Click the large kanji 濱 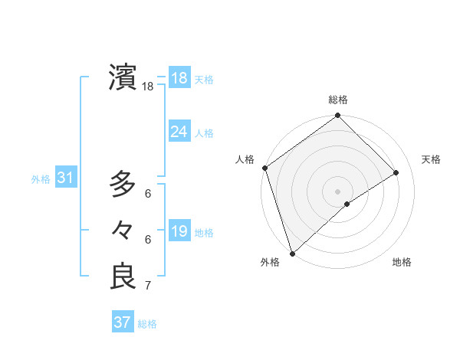pos(123,77)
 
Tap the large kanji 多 pos(123,184)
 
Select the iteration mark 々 pos(123,229)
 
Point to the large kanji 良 pos(123,277)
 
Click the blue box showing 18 pos(179,78)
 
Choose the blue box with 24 pos(179,132)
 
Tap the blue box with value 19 pos(179,231)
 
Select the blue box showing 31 pos(65,178)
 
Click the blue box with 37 pos(122,322)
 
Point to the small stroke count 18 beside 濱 pos(148,87)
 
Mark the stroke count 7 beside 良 pos(148,286)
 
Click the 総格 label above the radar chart pos(338,100)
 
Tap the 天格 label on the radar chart pos(431,159)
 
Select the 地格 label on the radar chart pos(402,262)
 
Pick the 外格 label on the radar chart pos(270,262)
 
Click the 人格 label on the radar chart pos(245,159)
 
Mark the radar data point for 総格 pos(338,116)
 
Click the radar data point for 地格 pos(347,204)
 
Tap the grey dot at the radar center pos(338,191)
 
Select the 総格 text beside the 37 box pos(147,324)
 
